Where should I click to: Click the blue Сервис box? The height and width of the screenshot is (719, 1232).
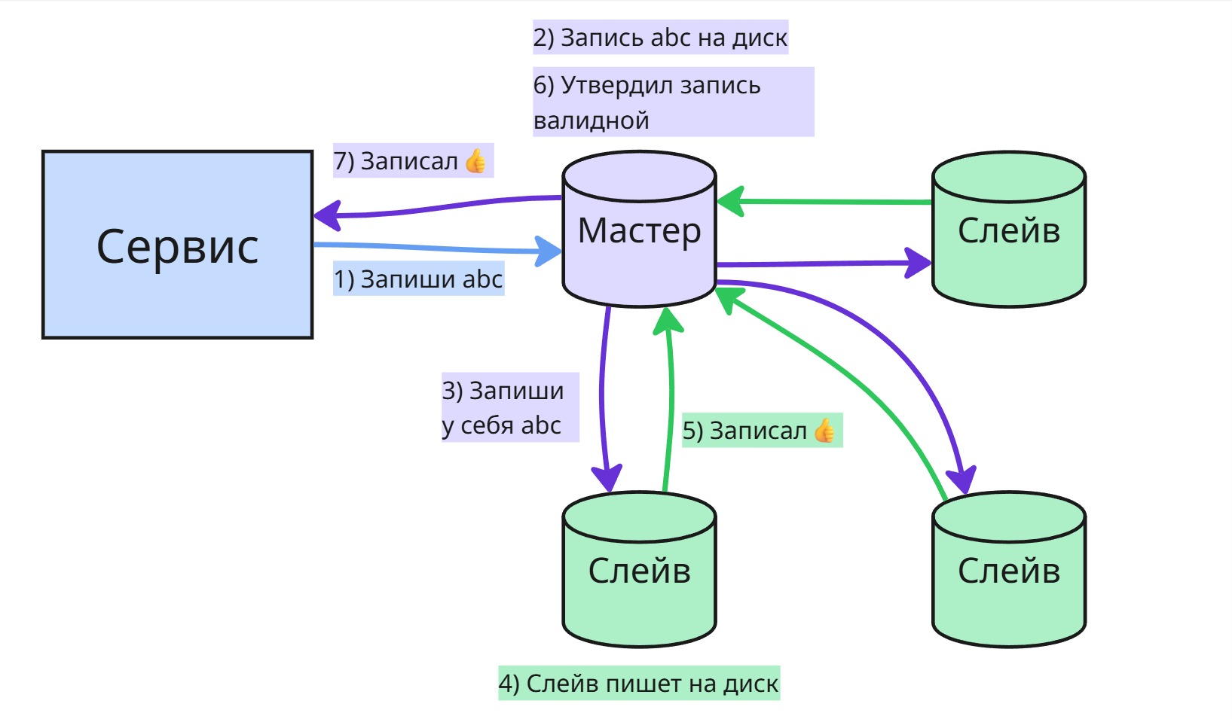[178, 245]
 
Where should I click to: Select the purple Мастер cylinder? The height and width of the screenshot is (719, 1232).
[639, 229]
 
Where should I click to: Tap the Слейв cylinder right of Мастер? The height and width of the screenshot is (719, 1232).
[1009, 229]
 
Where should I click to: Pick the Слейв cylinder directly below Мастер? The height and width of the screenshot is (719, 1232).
[639, 569]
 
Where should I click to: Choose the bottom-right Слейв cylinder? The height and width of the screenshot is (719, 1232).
[1009, 569]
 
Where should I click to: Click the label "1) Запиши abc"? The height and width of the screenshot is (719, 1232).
[418, 279]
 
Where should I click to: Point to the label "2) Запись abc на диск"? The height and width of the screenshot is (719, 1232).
[661, 38]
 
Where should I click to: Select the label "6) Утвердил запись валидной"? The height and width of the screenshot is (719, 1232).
[673, 102]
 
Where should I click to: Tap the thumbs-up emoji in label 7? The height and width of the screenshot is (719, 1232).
[475, 161]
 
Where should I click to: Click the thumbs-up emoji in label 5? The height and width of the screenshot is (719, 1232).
[824, 431]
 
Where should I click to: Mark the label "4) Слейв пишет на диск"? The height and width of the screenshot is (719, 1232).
[639, 684]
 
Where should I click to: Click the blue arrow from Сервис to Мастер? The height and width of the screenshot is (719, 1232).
[438, 248]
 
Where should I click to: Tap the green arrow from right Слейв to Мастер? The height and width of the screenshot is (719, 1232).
[824, 202]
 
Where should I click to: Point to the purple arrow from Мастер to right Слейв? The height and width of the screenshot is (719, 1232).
[824, 264]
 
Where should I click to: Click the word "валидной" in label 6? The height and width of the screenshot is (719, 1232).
[592, 120]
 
